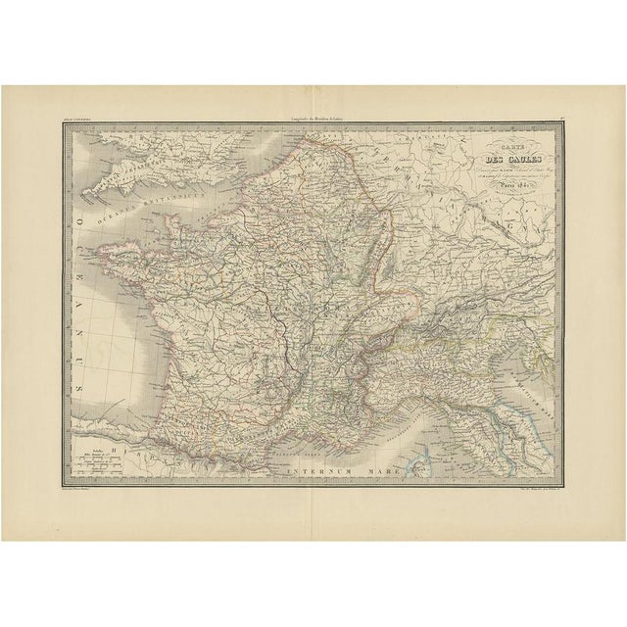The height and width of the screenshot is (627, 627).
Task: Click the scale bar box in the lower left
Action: coord(98,456)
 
